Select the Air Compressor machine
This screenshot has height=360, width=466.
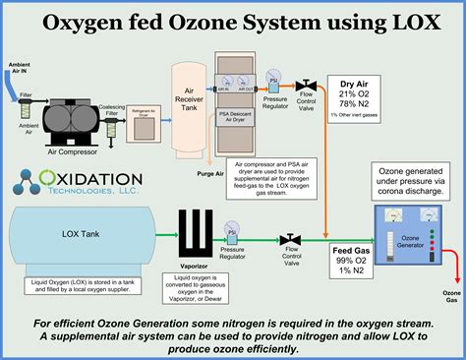point(71,113)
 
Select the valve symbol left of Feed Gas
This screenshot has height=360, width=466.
point(290,239)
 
